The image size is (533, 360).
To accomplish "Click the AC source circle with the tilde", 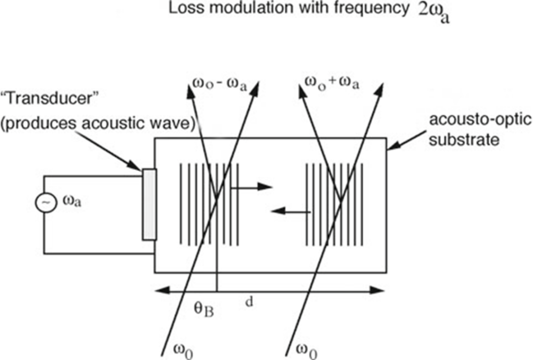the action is coord(45,202).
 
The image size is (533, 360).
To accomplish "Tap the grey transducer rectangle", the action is coord(150,204).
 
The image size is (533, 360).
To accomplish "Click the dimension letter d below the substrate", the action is coord(249,301).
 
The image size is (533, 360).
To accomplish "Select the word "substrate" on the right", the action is coord(464,140).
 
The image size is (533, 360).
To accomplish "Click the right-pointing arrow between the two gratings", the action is coord(252,187).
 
